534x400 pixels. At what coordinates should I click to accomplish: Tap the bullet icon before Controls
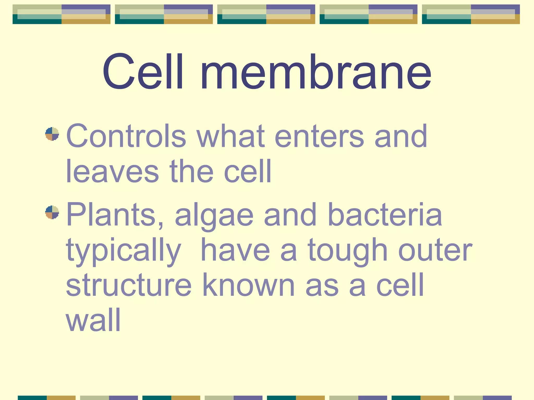tap(52, 134)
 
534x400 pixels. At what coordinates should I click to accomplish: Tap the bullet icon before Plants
tap(52, 212)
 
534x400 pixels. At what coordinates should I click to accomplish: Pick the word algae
tap(214, 216)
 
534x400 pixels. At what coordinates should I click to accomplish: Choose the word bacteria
tap(385, 215)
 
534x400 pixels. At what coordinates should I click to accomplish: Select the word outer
tap(435, 251)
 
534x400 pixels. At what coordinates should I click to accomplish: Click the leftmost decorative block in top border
tap(62, 14)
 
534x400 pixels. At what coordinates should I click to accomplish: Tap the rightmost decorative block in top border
tap(471, 14)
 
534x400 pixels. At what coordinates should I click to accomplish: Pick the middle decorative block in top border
tap(266, 14)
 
